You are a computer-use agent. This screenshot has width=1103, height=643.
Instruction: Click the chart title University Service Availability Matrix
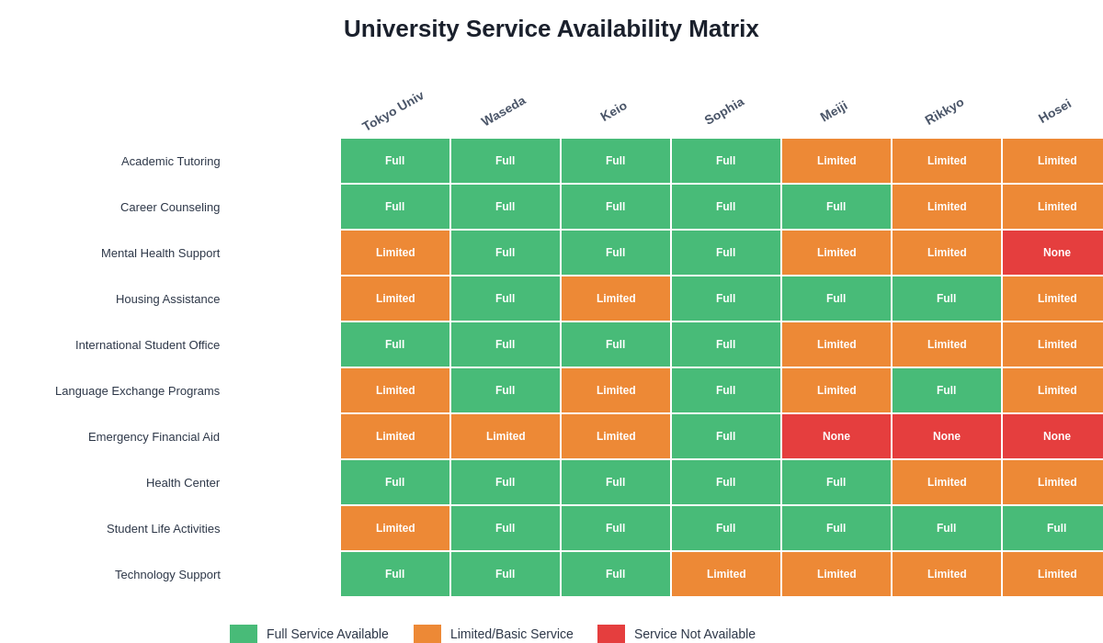point(551,28)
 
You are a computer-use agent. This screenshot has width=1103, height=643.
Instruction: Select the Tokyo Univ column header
point(392,111)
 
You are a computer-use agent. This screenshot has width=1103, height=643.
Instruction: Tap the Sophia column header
point(724,111)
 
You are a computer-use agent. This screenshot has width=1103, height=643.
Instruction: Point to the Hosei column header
point(1054,111)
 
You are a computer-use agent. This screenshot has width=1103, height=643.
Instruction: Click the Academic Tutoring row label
point(171,161)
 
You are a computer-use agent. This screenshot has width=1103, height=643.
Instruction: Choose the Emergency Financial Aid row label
point(154,436)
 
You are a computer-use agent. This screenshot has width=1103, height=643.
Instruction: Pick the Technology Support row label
point(167,574)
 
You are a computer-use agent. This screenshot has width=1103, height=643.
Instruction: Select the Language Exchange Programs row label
point(137,390)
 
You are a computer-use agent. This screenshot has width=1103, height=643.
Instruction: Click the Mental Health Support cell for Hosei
point(1056,253)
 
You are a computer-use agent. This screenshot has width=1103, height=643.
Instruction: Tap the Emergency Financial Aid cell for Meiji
point(836,436)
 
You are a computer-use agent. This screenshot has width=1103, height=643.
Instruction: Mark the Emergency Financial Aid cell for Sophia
point(726,436)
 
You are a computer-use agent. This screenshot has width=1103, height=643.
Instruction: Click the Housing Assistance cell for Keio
point(616,299)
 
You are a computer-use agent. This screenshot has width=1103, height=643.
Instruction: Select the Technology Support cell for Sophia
point(726,574)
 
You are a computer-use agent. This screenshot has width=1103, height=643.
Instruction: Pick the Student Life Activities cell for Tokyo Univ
point(395,528)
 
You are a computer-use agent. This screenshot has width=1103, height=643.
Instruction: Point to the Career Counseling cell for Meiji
point(836,207)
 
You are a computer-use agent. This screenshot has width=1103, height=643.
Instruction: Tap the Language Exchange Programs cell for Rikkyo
point(947,390)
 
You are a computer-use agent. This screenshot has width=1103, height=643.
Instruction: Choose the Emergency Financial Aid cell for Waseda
point(506,436)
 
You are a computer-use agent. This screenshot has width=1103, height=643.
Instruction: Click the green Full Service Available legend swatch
point(244,634)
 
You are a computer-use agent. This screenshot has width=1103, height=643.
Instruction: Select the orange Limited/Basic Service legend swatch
point(427,634)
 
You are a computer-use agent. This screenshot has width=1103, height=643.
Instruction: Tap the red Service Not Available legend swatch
point(611,634)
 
